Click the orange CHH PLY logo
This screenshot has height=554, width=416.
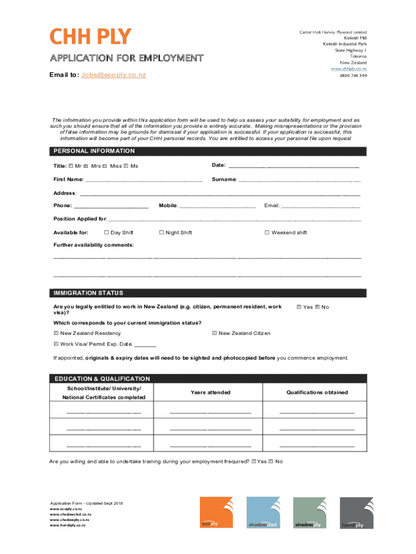point(91,37)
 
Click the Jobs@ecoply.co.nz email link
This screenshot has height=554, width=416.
point(113,75)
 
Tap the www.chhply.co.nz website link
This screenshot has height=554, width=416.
point(348,69)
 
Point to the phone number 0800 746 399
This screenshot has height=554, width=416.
point(353,76)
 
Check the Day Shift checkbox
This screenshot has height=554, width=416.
point(106,233)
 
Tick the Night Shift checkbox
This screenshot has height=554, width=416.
point(161,233)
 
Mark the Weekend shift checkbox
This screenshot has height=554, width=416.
point(267,233)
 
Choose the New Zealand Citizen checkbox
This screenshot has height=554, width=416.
point(214,333)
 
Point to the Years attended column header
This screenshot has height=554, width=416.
point(210,392)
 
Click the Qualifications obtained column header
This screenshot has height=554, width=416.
point(317,392)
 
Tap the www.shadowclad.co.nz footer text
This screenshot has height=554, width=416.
point(70,515)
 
